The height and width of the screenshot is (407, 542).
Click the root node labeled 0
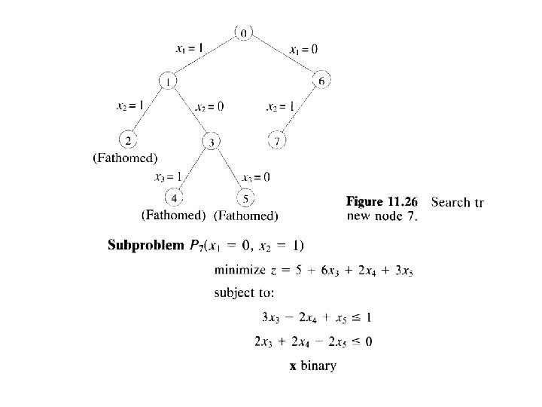pos(244,32)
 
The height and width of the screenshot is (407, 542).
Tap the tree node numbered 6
pos(322,81)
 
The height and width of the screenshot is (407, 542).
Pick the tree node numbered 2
pos(129,140)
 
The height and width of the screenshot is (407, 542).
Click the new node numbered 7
pos(278,141)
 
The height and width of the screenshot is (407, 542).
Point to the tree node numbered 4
pos(174,198)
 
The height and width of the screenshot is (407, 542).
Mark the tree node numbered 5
pos(246,198)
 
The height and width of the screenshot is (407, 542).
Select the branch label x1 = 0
pos(303,49)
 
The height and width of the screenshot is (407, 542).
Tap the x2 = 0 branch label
pos(209,106)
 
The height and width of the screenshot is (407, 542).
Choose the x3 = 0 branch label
pos(257,178)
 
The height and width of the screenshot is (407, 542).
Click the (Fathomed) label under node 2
pos(125,158)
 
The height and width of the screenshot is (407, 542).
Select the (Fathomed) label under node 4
pos(173,215)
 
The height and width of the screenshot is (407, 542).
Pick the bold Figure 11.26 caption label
pos(382,202)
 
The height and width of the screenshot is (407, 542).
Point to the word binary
pos(319,366)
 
